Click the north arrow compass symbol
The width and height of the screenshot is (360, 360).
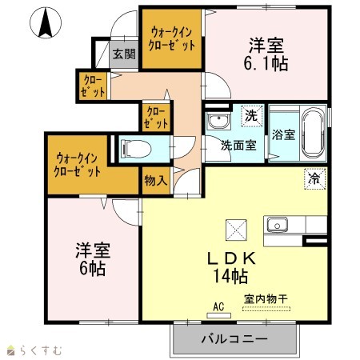pyautogui.click(x=46, y=22)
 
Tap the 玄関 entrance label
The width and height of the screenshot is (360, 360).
pyautogui.click(x=124, y=54)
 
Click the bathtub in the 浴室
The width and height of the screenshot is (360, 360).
pyautogui.click(x=314, y=133)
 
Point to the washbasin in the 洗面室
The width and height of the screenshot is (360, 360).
pyautogui.click(x=218, y=121)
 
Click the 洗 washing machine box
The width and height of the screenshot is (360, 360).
pyautogui.click(x=252, y=116)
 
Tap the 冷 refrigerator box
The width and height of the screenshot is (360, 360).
pyautogui.click(x=315, y=179)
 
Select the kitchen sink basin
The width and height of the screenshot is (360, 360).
pyautogui.click(x=278, y=225)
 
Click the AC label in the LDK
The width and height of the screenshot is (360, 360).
pyautogui.click(x=218, y=306)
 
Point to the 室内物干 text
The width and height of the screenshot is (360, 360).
pyautogui.click(x=266, y=299)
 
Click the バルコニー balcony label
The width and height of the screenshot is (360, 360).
pyautogui.click(x=234, y=339)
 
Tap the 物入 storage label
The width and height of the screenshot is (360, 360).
pyautogui.click(x=156, y=181)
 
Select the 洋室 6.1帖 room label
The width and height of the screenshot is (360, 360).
pyautogui.click(x=266, y=54)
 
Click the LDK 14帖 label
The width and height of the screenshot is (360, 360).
pyautogui.click(x=231, y=267)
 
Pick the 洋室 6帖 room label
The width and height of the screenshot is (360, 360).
pyautogui.click(x=93, y=258)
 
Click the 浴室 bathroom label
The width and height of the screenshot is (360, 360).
pyautogui.click(x=283, y=134)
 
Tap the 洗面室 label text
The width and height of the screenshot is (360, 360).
pyautogui.click(x=238, y=146)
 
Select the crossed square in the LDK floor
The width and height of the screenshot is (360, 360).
pyautogui.click(x=236, y=230)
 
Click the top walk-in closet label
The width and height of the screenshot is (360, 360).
pyautogui.click(x=171, y=39)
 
